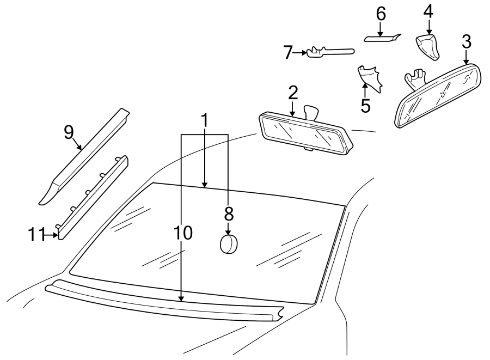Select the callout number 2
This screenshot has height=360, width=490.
pos(293,92)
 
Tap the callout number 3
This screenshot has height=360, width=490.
pos(466,41)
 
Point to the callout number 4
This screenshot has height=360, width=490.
pos(428,11)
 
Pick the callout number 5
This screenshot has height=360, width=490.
pos(365,105)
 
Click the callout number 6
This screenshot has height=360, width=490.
pos(380,14)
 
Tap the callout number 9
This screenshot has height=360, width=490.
pos(69,132)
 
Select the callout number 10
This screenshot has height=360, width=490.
pos(183,233)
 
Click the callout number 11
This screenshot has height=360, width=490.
pos(37,235)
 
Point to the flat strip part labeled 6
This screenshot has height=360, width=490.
pos(381,38)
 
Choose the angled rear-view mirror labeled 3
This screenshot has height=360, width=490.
pos(438,97)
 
